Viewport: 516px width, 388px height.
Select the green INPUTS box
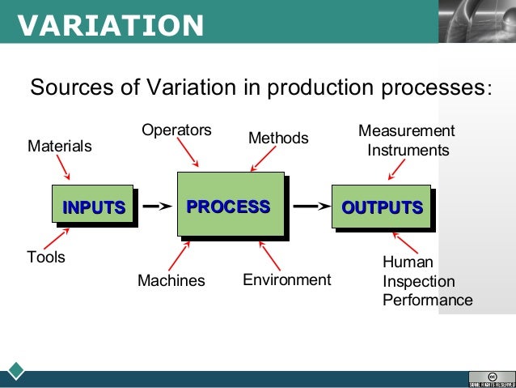coord(94,207)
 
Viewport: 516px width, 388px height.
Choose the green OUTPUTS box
coord(381,207)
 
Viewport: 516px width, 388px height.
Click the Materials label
coord(60,147)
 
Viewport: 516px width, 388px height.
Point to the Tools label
coord(46,258)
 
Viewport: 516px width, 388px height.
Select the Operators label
coord(176,130)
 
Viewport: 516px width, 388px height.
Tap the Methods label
coord(278,138)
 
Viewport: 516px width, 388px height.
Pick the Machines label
coord(171,280)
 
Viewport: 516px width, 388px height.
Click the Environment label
coord(287,279)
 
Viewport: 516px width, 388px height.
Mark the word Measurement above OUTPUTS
coord(406,131)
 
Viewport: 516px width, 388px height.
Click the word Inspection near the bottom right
coord(418,281)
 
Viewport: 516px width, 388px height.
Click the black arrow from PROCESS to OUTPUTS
coord(310,207)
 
